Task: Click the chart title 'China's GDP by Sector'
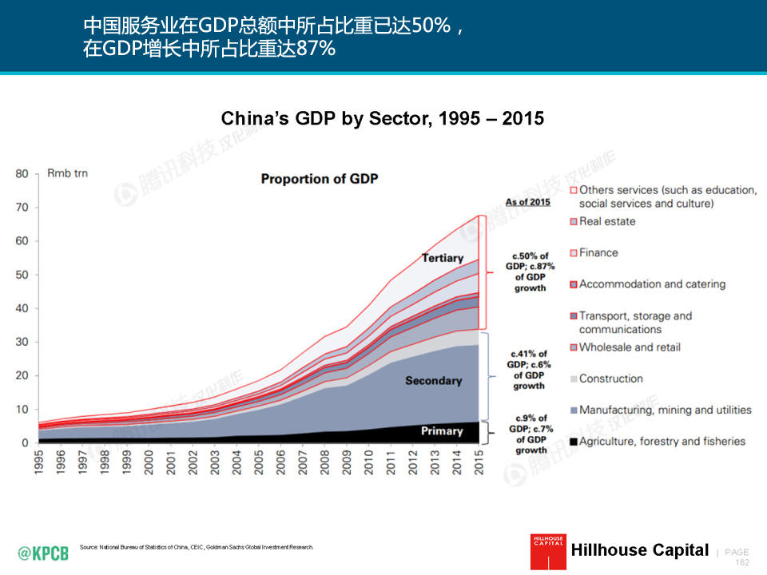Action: pyautogui.click(x=382, y=119)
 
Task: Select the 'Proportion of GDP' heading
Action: pyautogui.click(x=319, y=178)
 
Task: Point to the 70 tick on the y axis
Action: pyautogui.click(x=22, y=208)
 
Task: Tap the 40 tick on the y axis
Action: pyautogui.click(x=22, y=309)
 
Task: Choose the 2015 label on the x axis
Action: pyautogui.click(x=479, y=463)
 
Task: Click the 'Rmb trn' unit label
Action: pyautogui.click(x=68, y=173)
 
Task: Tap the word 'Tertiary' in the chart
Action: pyautogui.click(x=443, y=258)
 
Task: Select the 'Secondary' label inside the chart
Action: pyautogui.click(x=433, y=381)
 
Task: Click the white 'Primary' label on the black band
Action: pyautogui.click(x=442, y=431)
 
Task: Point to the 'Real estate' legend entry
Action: pyautogui.click(x=607, y=221)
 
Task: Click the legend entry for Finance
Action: pyautogui.click(x=598, y=252)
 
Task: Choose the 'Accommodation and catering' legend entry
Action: pyautogui.click(x=652, y=284)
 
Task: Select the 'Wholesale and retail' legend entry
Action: pyautogui.click(x=630, y=347)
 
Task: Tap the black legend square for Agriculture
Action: pyautogui.click(x=573, y=442)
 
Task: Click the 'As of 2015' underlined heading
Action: pyautogui.click(x=527, y=202)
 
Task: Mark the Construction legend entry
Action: pyautogui.click(x=610, y=379)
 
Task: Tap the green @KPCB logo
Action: pyautogui.click(x=43, y=552)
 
